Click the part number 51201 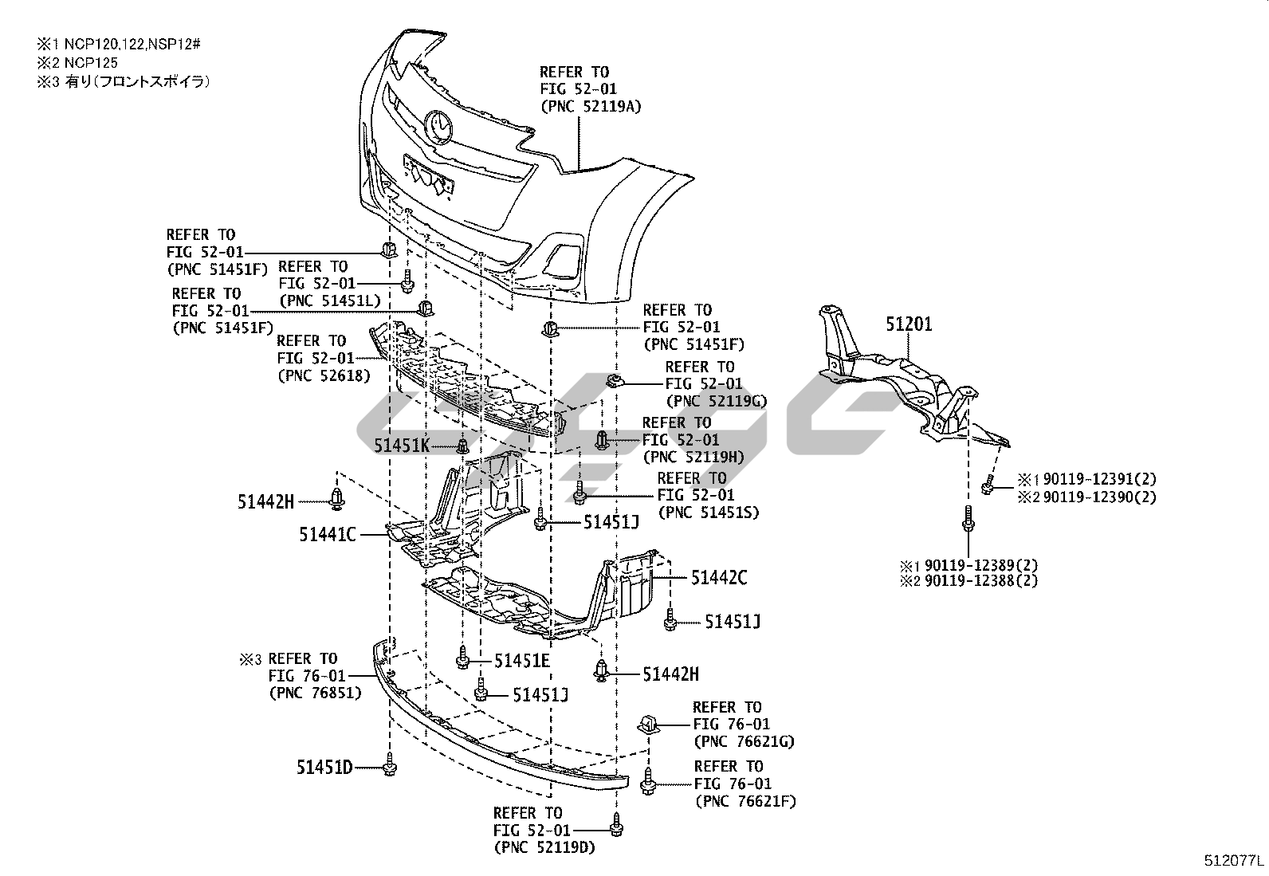909,324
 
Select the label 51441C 328,535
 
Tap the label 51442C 719,577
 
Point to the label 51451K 402,446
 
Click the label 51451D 324,768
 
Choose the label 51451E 522,660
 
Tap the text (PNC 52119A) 591,106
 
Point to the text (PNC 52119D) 544,847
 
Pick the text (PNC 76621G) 744,741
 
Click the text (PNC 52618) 324,375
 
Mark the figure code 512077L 1234,862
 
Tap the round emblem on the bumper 439,126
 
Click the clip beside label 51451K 462,446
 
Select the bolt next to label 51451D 390,767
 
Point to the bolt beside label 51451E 463,658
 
